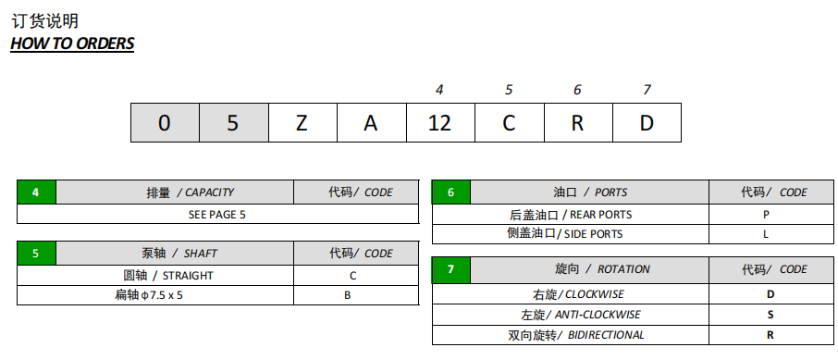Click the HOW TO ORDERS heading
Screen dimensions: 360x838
click(72, 43)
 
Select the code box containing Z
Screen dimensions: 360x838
click(302, 123)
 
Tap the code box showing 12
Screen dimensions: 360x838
click(439, 123)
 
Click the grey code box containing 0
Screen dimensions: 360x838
click(164, 123)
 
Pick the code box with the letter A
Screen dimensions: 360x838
click(370, 123)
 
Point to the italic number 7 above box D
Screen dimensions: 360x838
click(647, 90)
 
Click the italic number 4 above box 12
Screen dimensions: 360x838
click(439, 90)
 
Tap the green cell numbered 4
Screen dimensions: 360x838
click(36, 192)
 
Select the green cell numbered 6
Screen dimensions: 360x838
click(451, 192)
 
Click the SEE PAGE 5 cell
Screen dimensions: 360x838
click(217, 214)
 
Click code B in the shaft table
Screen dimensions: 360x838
click(348, 296)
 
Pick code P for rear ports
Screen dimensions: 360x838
click(766, 214)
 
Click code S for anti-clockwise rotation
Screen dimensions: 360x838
click(770, 315)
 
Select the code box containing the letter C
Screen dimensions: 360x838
click(509, 123)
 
